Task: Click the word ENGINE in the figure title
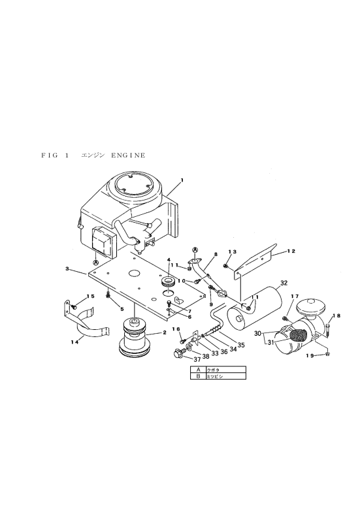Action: pos(129,155)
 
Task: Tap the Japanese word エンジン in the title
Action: pos(93,155)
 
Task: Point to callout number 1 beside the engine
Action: pos(182,180)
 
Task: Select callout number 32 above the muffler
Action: pos(284,283)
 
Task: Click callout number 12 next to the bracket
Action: pos(291,251)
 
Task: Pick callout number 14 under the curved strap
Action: pos(74,342)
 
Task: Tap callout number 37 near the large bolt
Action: pos(197,359)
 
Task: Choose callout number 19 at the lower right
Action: pos(309,356)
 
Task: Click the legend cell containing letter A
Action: pos(199,370)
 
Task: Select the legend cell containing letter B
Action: pos(199,376)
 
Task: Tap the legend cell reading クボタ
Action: pos(226,370)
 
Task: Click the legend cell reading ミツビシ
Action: pos(226,376)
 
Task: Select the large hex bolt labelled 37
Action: pos(179,353)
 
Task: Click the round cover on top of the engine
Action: pos(134,185)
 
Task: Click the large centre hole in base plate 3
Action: pos(134,273)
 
